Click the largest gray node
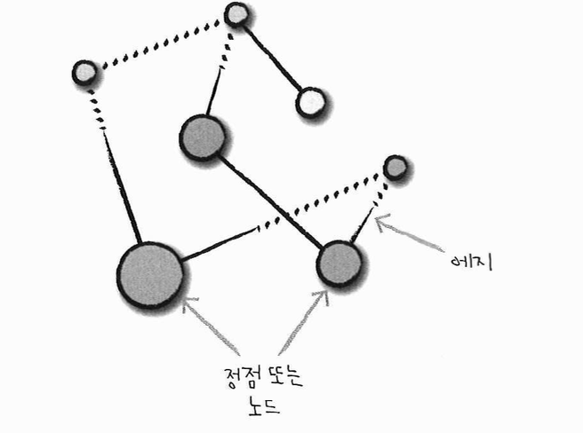pos(149,273)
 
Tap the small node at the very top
pos(236,15)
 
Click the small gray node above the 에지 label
pos(395,167)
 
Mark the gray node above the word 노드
pos(339,263)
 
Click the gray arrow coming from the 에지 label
pos(411,234)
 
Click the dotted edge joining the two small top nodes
pos(160,43)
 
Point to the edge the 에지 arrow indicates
pos(369,213)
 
